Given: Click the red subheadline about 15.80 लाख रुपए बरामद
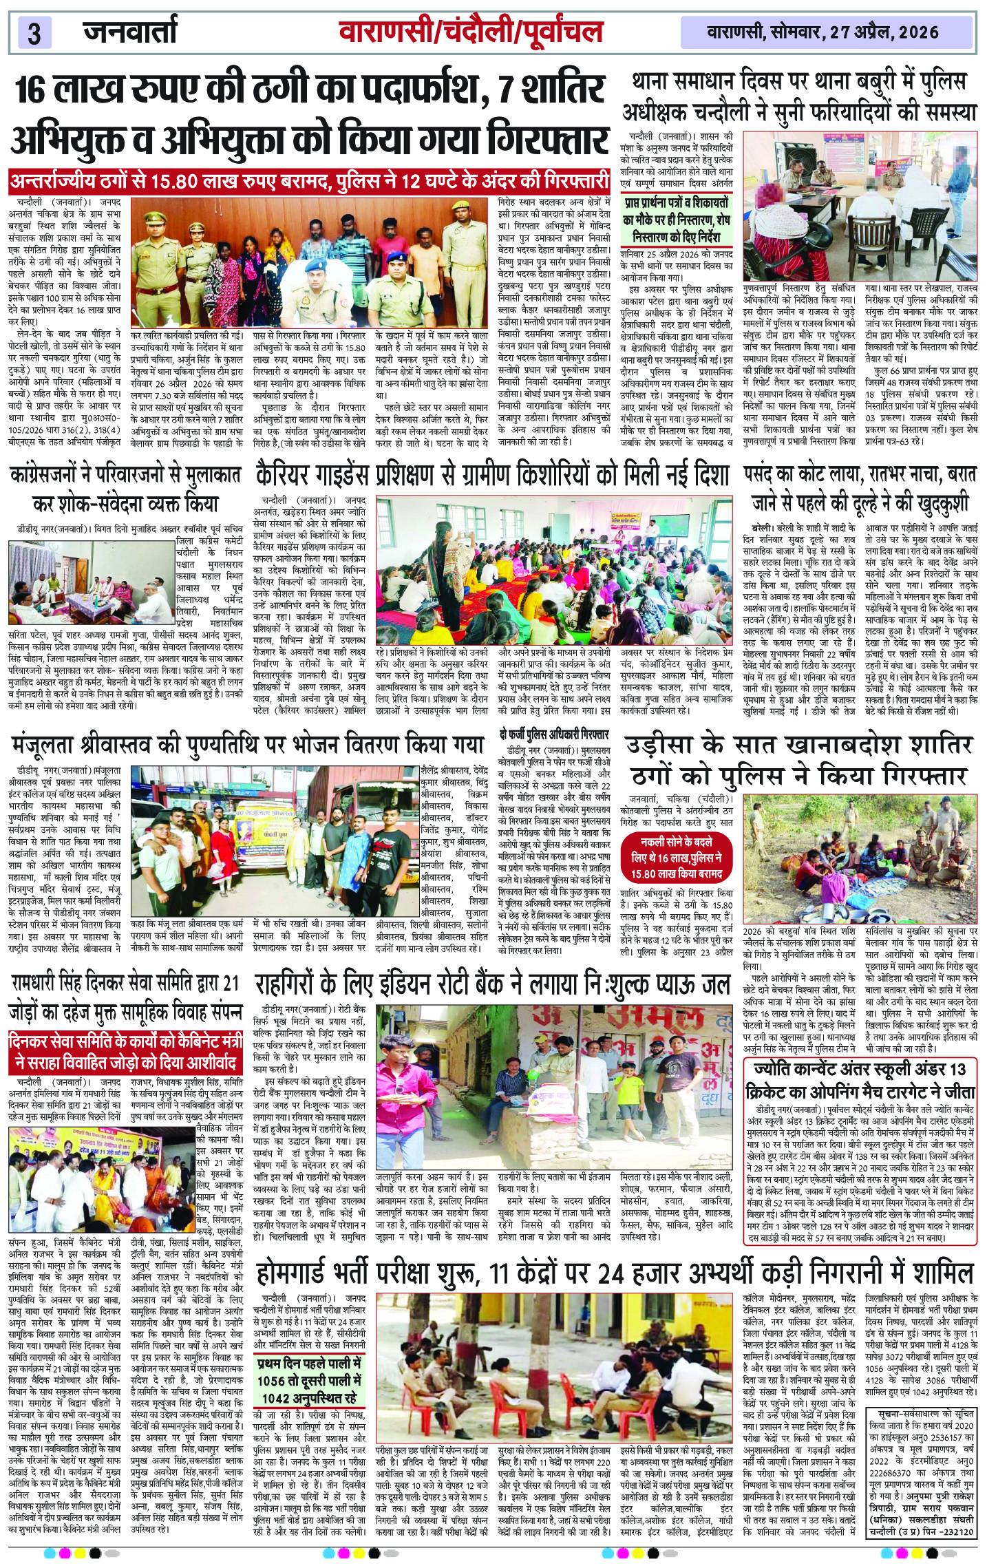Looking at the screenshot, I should pyautogui.click(x=309, y=182).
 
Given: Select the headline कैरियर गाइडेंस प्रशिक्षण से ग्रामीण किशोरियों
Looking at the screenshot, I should pyautogui.click(x=491, y=476).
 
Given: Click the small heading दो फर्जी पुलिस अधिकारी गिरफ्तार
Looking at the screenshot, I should pyautogui.click(x=554, y=734).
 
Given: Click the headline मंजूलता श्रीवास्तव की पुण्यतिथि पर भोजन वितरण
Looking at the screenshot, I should pyautogui.click(x=247, y=745).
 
